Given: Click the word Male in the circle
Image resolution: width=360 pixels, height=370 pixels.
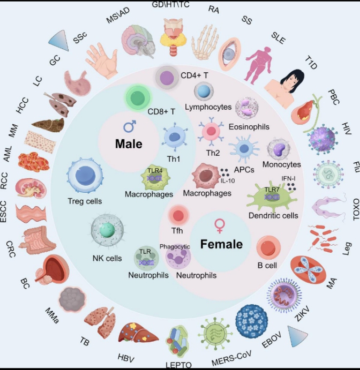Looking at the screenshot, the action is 129,144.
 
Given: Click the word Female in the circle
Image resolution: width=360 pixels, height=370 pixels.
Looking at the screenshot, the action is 221,244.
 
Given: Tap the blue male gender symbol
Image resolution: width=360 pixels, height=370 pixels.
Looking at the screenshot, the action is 130,126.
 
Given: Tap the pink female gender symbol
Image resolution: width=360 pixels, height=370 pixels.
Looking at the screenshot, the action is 220,226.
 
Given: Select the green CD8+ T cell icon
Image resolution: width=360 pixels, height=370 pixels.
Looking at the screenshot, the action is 138,97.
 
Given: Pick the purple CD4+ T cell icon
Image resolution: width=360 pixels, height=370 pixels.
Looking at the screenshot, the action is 167,78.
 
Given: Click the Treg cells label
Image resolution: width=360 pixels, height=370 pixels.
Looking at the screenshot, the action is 85,201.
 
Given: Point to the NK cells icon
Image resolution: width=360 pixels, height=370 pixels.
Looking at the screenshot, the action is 107,231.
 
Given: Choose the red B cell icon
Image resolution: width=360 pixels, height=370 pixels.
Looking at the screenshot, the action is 268,248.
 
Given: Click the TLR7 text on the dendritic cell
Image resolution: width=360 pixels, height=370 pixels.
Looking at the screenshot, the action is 272,190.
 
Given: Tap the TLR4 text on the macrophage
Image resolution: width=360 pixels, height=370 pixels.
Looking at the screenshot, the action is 155,171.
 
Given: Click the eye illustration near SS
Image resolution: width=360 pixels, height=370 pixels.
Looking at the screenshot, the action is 229,54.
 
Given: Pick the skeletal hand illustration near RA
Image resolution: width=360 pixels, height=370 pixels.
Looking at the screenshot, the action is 204,42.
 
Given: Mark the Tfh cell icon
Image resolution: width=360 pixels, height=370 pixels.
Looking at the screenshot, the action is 178,215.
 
